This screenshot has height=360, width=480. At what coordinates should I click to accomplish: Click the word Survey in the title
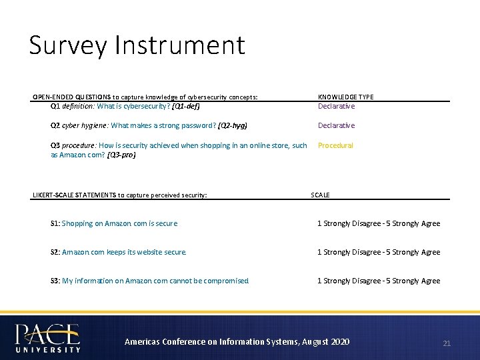point(68,46)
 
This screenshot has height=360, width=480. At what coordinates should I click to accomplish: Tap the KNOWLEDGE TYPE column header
point(345,97)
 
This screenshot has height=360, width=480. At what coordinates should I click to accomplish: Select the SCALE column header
point(320,195)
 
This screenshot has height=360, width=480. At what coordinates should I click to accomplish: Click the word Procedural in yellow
point(335,145)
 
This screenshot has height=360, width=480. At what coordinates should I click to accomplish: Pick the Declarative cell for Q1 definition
point(336,106)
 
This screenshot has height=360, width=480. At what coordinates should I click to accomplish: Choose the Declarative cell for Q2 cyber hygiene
point(336,125)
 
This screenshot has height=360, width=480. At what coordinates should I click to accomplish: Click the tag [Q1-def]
point(186,106)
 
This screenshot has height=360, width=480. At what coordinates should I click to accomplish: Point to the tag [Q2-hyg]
point(232,125)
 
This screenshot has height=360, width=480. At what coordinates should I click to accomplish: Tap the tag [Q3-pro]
point(121,155)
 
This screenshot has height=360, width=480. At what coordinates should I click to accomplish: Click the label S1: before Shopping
point(55,223)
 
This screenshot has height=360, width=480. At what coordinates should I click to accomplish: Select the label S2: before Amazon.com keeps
point(55,252)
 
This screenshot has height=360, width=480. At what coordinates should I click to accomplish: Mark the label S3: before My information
point(55,281)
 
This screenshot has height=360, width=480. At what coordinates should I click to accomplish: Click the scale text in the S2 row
point(378,252)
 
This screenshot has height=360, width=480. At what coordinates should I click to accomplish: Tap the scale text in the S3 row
point(378,281)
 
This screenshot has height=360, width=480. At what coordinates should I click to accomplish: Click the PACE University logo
point(47,337)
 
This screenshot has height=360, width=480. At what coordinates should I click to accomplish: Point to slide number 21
point(447,343)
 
